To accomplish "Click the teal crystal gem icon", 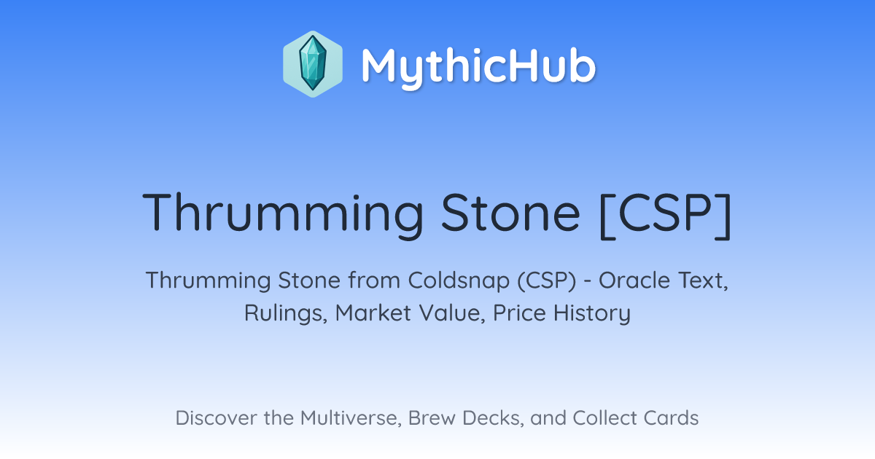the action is (x=313, y=63).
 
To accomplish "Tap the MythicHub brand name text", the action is (x=478, y=66).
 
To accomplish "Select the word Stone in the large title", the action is (x=510, y=212).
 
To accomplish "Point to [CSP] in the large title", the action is (x=665, y=214).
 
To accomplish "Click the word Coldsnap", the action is (x=459, y=281).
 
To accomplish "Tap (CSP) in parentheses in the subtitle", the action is (x=547, y=281).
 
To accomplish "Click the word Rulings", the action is (x=286, y=313).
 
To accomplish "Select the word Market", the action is (x=373, y=313).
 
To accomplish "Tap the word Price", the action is (x=519, y=313).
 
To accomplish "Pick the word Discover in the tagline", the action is (x=217, y=417).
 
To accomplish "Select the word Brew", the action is (x=432, y=417).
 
